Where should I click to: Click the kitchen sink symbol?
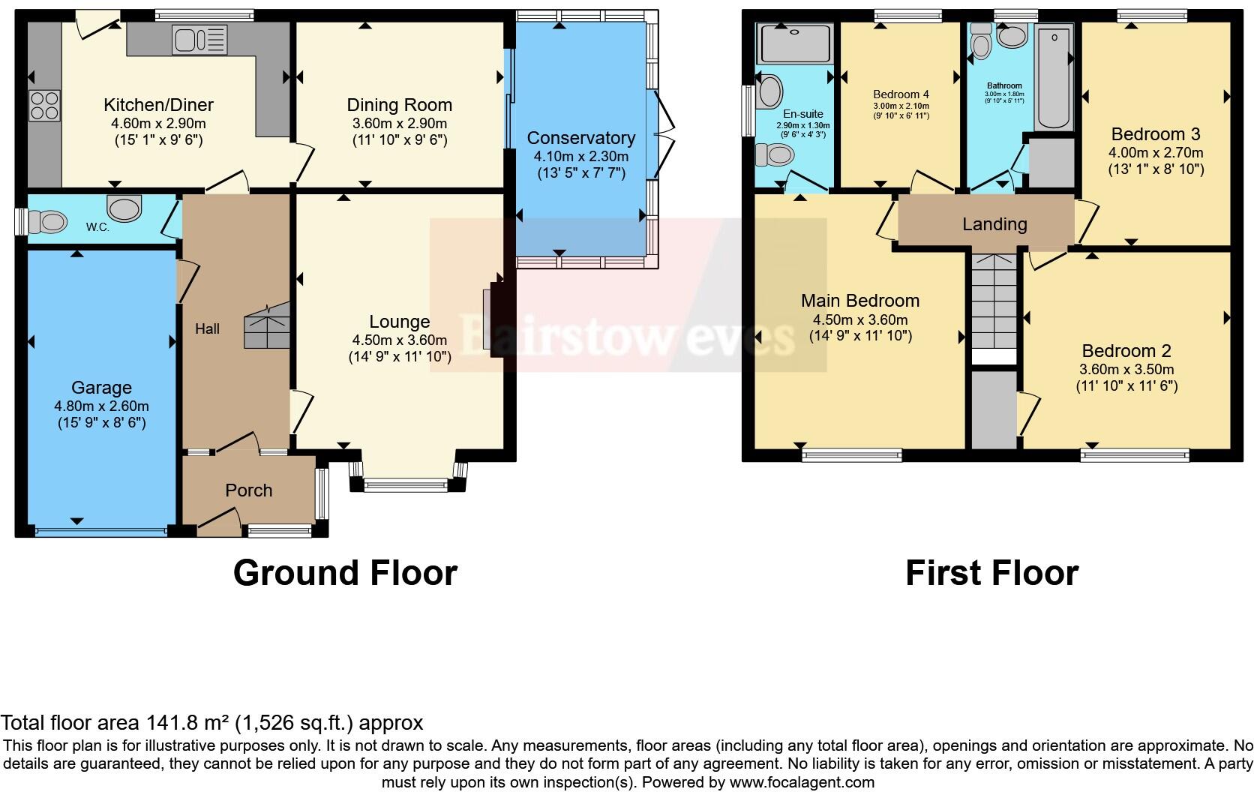199,40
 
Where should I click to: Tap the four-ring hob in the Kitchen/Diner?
44,106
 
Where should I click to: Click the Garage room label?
101,388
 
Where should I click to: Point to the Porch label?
248,490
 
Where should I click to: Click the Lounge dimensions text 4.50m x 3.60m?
399,340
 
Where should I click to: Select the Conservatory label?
580,138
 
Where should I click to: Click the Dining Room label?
399,105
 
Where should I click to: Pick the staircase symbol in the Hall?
267,326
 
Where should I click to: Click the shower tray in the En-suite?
795,43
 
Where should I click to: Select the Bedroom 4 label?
901,94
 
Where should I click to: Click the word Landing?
994,224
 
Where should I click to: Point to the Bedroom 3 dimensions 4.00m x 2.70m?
1156,152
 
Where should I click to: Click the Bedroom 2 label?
1126,351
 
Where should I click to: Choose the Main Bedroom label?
859,301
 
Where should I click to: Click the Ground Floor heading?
345,573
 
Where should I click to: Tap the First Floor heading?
991,573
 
